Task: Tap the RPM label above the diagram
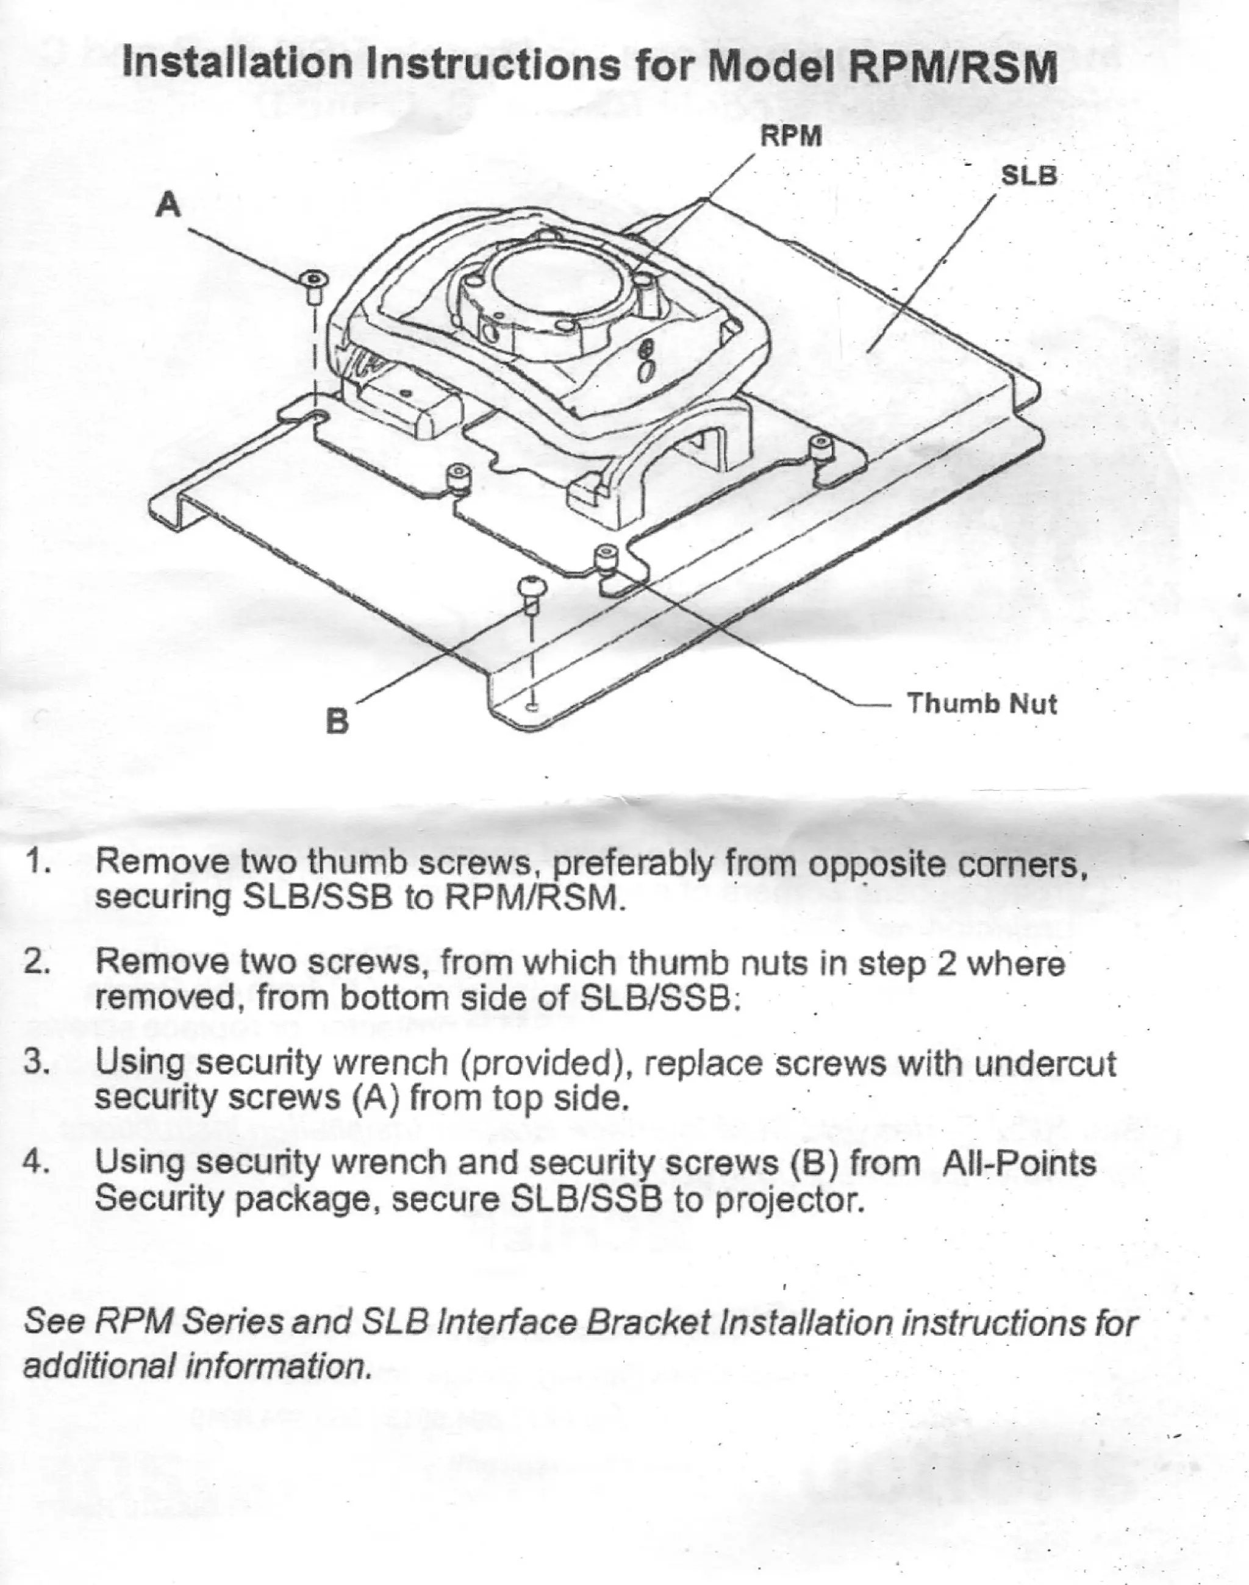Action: (x=791, y=137)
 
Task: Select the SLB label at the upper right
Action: (x=1028, y=176)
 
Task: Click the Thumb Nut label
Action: (x=981, y=703)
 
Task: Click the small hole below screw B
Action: (x=533, y=706)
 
